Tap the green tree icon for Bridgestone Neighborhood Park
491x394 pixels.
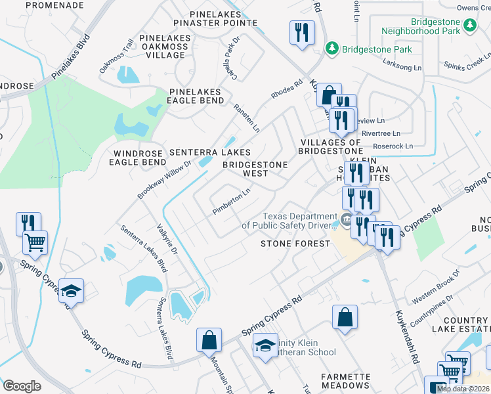coord(470,25)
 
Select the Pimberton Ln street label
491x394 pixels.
coord(232,202)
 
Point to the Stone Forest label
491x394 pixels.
coord(295,244)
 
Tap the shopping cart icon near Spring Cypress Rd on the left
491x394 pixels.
coord(35,242)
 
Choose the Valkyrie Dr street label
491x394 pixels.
coord(167,240)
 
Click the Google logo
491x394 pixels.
coord(22,386)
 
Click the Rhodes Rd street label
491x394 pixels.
coord(287,89)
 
